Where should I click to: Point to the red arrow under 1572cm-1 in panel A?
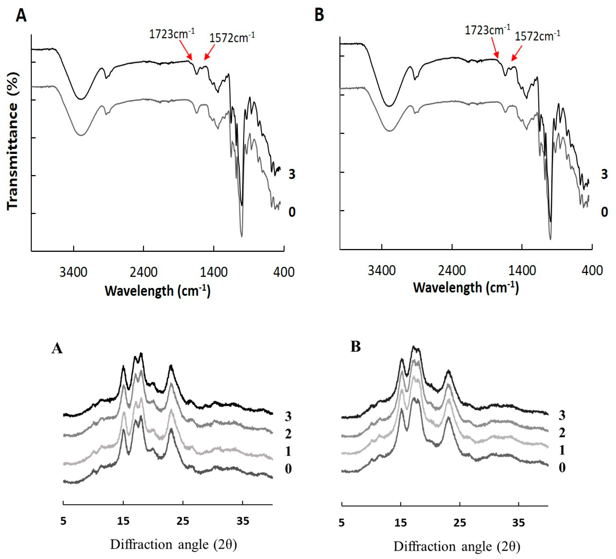point(210,52)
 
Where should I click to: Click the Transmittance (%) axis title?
point(13,141)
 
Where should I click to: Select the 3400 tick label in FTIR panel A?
point(73,272)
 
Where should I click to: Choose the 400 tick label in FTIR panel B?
point(592,270)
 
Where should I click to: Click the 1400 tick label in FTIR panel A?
point(214,272)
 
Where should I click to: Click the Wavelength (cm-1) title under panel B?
point(466,288)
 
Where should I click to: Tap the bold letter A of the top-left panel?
point(21,15)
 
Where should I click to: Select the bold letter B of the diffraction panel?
point(356,347)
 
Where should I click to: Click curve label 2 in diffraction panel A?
point(288,434)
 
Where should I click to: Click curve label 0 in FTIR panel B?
point(604,212)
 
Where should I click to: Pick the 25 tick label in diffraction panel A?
point(183,521)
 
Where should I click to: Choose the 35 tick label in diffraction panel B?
point(518,523)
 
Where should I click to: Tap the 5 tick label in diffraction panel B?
point(342,523)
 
